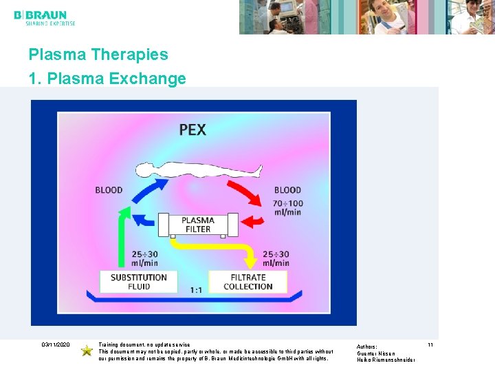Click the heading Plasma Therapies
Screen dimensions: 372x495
coord(98,54)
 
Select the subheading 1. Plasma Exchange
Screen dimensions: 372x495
coord(107,79)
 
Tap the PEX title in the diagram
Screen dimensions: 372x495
coord(192,129)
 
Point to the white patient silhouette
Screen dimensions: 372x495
coord(199,170)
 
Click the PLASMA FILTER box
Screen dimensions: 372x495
coord(198,225)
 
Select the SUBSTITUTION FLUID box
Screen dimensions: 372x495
coord(139,282)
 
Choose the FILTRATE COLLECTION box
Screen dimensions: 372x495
coord(248,282)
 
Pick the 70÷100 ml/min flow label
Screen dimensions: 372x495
coord(287,207)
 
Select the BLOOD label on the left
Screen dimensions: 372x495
coord(109,190)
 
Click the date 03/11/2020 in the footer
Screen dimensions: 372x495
coord(56,344)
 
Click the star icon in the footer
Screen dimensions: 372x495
coord(87,351)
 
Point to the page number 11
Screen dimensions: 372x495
coord(430,344)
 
